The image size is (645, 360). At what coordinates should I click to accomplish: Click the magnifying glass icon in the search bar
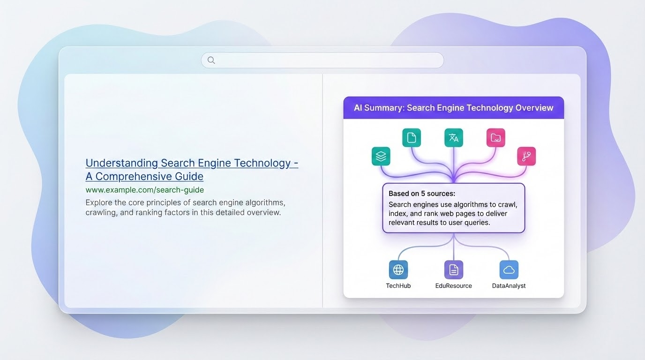click(211, 60)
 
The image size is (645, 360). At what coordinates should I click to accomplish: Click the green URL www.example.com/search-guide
click(145, 190)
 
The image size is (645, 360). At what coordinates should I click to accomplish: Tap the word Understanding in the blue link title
click(122, 163)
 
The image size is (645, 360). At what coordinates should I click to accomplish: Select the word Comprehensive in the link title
click(150, 177)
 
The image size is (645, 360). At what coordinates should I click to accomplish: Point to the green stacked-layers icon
click(381, 157)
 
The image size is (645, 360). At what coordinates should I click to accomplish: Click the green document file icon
click(412, 138)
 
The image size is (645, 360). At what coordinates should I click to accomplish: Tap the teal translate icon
click(454, 138)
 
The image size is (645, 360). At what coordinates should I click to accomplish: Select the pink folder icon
click(496, 138)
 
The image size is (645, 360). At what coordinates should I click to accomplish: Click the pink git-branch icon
click(526, 157)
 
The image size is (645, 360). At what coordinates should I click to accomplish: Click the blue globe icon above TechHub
click(398, 270)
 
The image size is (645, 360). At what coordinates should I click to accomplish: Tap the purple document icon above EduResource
click(454, 270)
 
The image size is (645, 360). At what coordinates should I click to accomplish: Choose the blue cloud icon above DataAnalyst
click(509, 270)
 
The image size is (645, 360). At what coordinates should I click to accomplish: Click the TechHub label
click(398, 285)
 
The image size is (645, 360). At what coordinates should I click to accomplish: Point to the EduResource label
click(454, 285)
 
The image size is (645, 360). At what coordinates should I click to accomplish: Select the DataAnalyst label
click(509, 285)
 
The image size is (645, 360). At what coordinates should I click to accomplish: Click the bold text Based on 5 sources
click(422, 194)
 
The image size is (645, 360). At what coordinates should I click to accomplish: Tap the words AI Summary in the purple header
click(377, 108)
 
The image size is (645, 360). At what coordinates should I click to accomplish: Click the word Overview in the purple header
click(534, 108)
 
